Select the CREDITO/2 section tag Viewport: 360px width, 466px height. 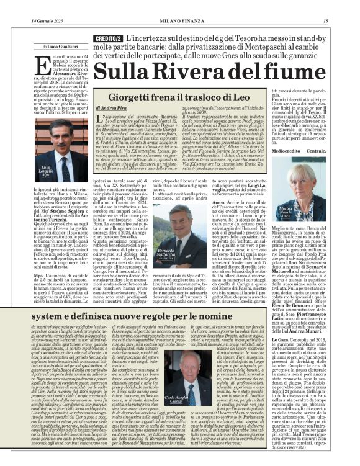click(x=107, y=38)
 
